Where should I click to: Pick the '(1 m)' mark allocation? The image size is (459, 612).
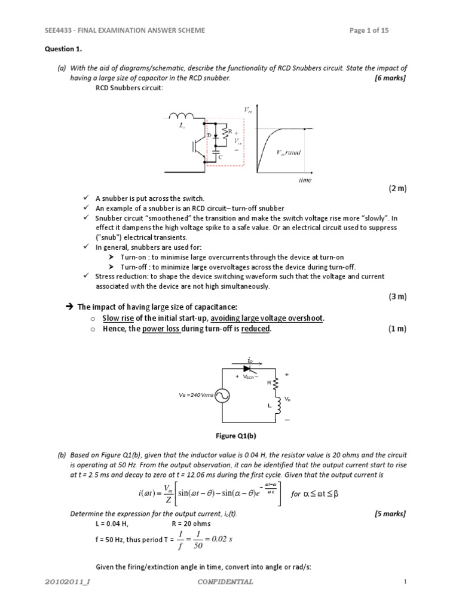pos(397,329)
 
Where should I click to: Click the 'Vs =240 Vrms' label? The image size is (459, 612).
pos(195,395)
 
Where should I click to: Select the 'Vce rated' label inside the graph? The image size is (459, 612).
pos(289,152)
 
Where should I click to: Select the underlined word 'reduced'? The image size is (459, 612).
pos(256,329)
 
